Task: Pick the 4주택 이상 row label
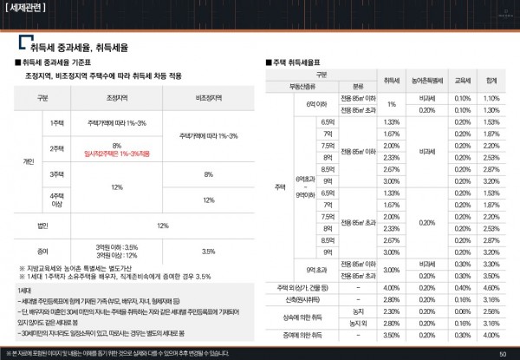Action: tap(57, 200)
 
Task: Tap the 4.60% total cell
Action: tap(491, 287)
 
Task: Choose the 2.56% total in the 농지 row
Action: tap(491, 311)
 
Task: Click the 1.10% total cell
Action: tap(491, 98)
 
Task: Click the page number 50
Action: tap(504, 353)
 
